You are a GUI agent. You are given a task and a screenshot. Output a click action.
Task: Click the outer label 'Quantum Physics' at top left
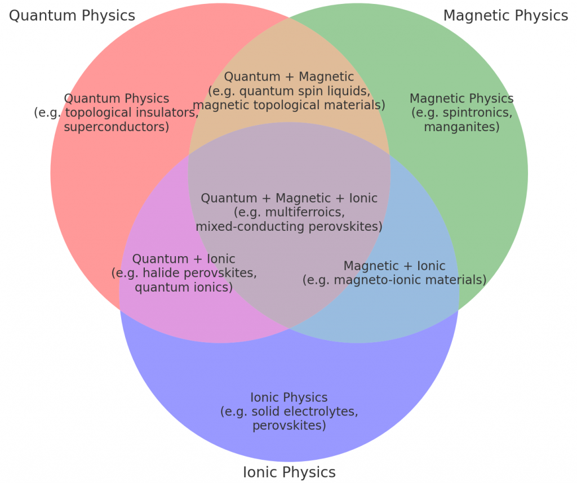(72, 16)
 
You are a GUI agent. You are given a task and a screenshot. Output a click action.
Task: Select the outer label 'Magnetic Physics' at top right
(505, 16)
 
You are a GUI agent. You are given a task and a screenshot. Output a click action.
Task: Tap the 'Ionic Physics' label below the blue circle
(289, 472)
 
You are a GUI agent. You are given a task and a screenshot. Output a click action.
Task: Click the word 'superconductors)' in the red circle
(117, 127)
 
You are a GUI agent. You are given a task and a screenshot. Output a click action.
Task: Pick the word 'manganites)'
(462, 127)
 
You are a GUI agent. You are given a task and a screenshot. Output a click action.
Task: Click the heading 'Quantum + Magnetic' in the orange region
(289, 77)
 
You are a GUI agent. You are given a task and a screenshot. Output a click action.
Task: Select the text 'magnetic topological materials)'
(289, 105)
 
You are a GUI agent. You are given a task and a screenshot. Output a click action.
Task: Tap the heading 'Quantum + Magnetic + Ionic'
(289, 198)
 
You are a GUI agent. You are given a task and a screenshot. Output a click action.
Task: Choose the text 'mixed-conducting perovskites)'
(289, 226)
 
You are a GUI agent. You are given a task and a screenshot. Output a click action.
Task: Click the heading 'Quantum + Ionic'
(184, 259)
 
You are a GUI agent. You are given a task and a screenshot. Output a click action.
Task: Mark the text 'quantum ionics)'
(184, 287)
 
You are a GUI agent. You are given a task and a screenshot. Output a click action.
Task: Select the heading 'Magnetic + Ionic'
(394, 266)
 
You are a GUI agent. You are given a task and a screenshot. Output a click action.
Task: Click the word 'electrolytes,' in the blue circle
(305, 412)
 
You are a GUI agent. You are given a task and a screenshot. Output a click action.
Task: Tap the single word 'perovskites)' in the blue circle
(289, 426)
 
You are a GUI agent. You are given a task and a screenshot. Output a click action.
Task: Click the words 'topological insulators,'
(132, 113)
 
